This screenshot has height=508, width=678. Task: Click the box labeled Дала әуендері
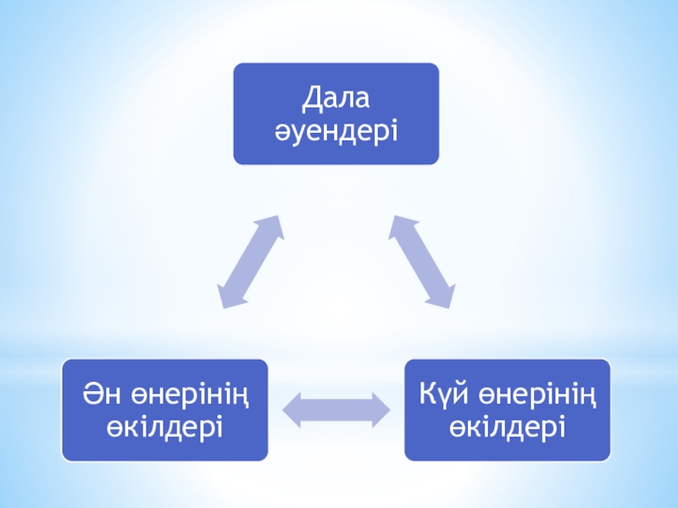tap(336, 113)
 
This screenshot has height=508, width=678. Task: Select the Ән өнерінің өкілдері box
tap(164, 410)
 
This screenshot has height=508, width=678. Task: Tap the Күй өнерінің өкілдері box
tap(507, 410)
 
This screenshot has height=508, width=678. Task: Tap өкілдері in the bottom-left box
tap(164, 426)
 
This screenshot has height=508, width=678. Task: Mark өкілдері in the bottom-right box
tap(507, 426)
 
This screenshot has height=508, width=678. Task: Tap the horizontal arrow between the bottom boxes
tap(335, 411)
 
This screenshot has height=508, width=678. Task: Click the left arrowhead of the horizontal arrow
tap(291, 411)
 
